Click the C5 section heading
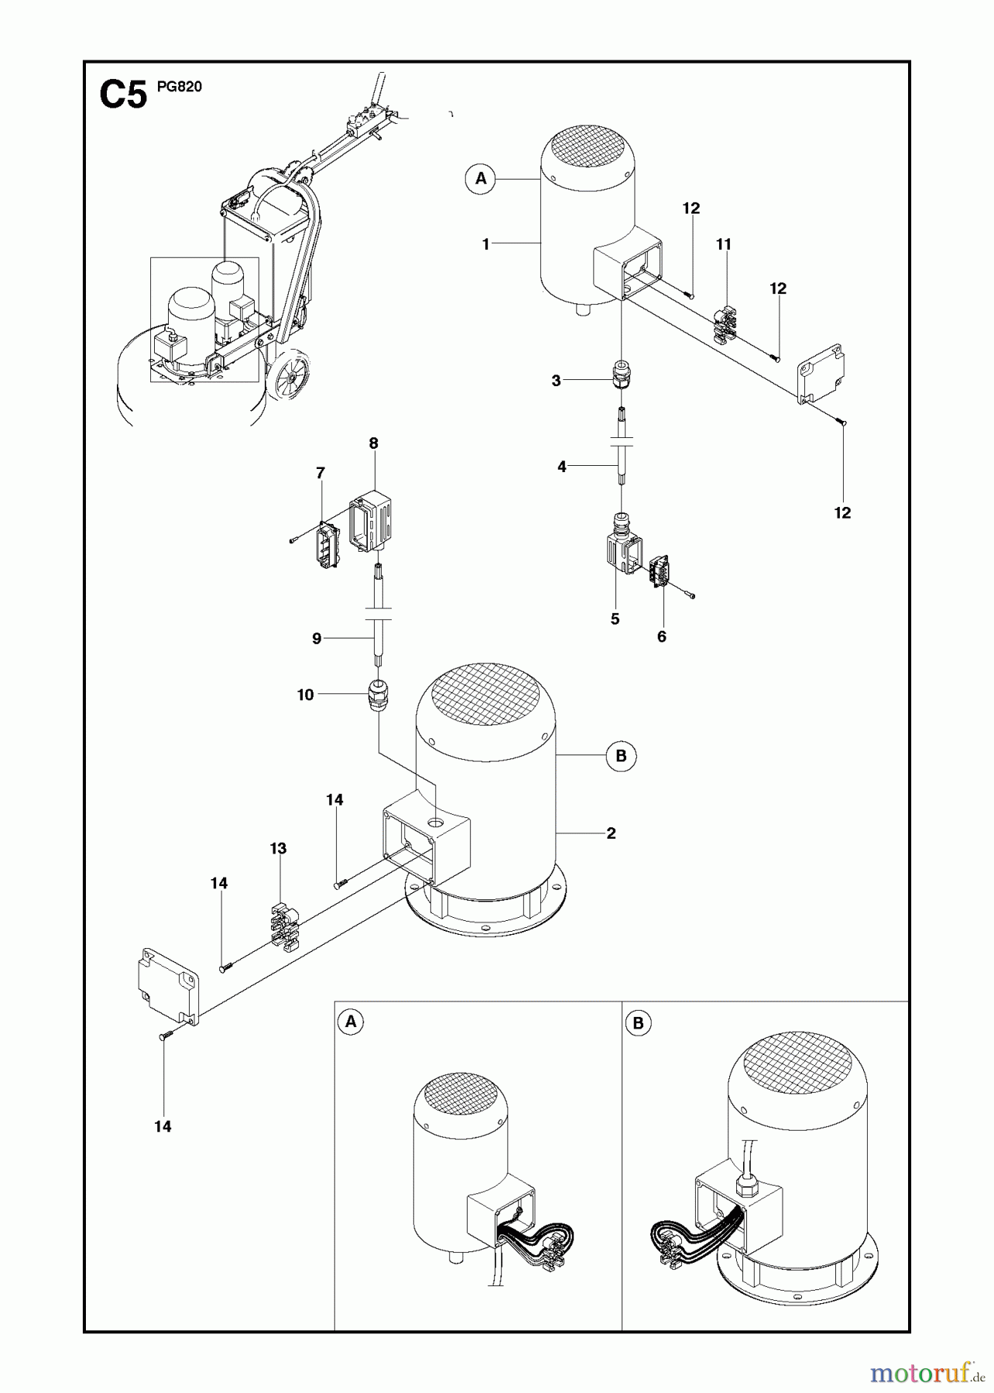coord(123,97)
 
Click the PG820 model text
coord(179,87)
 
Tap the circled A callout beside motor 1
coord(481,179)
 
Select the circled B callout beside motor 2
coord(621,755)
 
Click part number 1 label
coord(485,245)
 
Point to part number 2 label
coord(611,833)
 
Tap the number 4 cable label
coord(562,467)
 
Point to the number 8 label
coord(374,443)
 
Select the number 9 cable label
coord(317,638)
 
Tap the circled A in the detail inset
coord(351,1022)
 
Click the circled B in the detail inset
coord(638,1023)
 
